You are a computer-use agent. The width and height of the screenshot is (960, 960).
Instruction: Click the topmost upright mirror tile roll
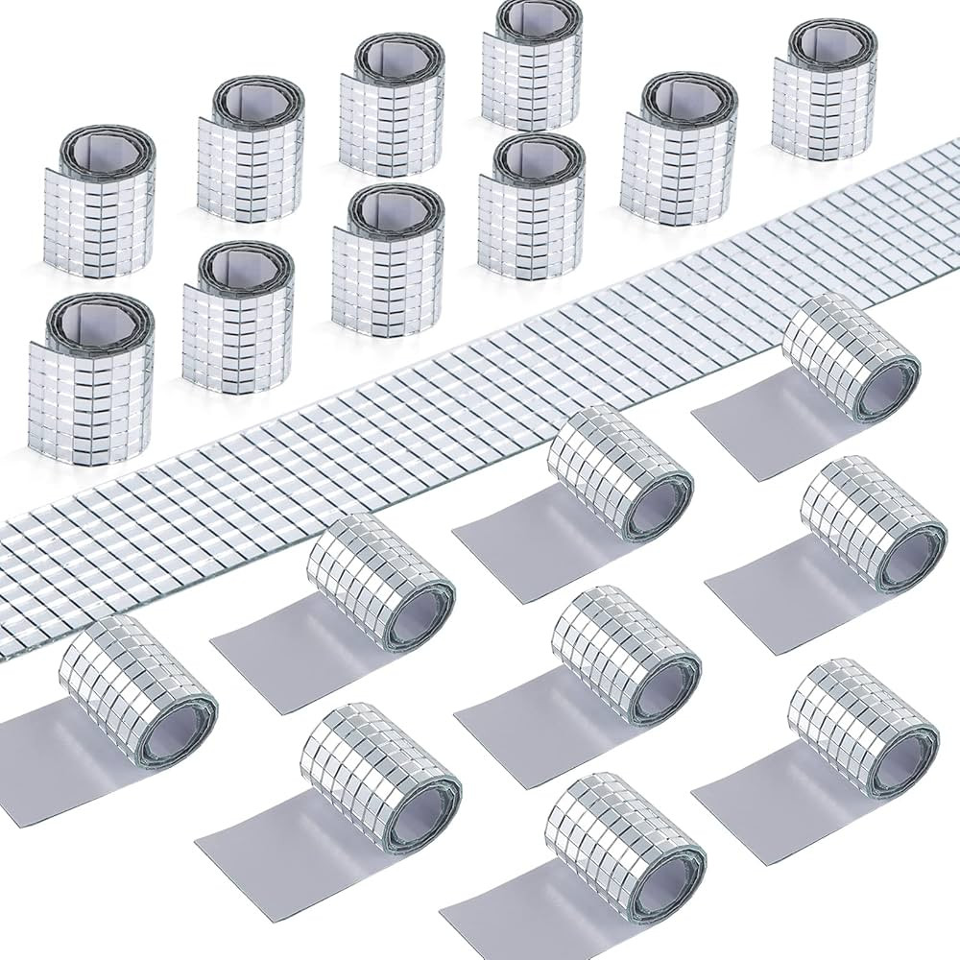pos(531,72)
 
